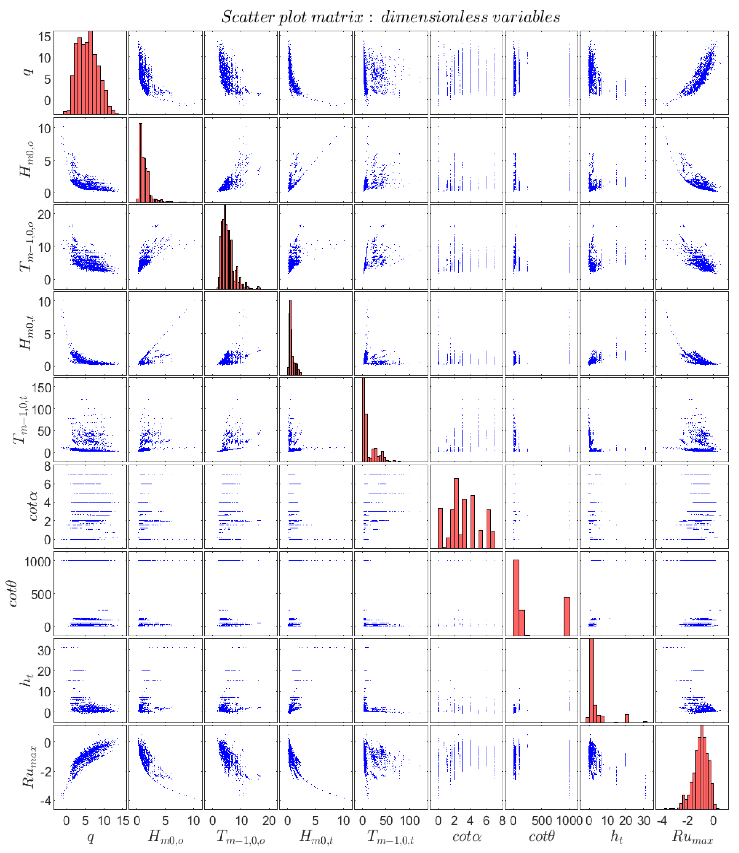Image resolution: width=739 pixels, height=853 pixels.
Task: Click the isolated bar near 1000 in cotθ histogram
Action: tap(567, 616)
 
